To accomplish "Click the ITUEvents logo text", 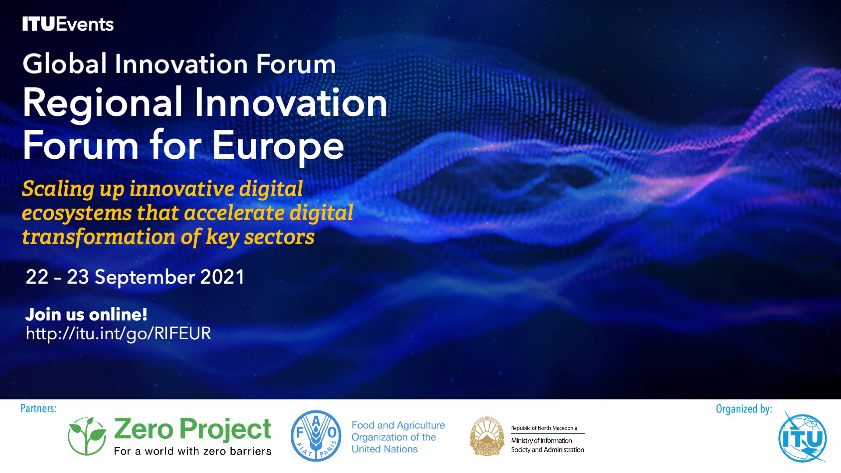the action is [68, 24].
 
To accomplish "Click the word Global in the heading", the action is [65, 64].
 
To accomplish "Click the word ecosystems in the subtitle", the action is [77, 213].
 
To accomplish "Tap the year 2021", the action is [222, 277].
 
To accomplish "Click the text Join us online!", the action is [86, 314].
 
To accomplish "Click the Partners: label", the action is [39, 409].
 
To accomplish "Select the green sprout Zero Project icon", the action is [87, 436].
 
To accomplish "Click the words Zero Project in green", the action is [193, 429].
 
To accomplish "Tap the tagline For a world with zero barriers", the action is [193, 451].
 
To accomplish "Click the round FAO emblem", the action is [316, 436].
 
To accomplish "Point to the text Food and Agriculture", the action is [398, 425].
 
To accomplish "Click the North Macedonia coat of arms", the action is [487, 436].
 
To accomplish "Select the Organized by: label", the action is [744, 409].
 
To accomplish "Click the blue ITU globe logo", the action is [802, 437].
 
